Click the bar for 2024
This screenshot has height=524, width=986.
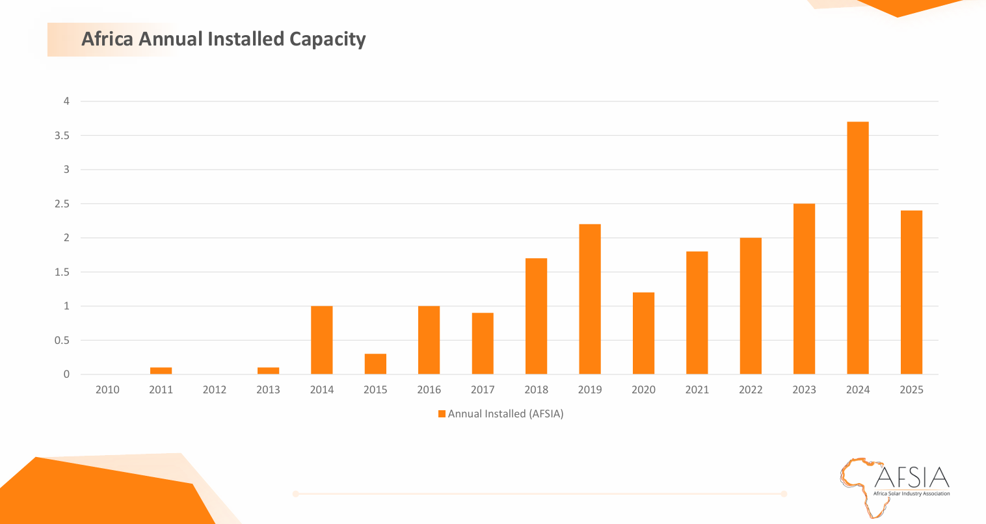point(857,248)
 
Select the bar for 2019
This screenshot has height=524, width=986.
point(590,299)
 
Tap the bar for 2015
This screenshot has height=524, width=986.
point(375,364)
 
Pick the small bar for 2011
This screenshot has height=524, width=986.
point(161,371)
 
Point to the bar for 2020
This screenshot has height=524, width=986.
point(643,333)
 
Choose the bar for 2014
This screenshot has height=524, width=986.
point(321,340)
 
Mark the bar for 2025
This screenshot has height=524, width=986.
point(911,293)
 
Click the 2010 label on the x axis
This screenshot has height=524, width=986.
point(107,390)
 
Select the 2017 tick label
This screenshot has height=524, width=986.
point(483,390)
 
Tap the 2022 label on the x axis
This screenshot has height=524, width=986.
point(751,390)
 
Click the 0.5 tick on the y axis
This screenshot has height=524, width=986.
point(62,341)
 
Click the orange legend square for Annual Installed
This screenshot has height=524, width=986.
point(442,414)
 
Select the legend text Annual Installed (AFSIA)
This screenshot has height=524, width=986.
point(505,414)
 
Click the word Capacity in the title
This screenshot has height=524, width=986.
point(327,39)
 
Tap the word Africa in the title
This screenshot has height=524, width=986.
point(107,39)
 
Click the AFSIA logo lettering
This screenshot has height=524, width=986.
point(912,478)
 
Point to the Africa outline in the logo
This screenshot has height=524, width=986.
point(859,484)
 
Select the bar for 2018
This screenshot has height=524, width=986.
point(536,316)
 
